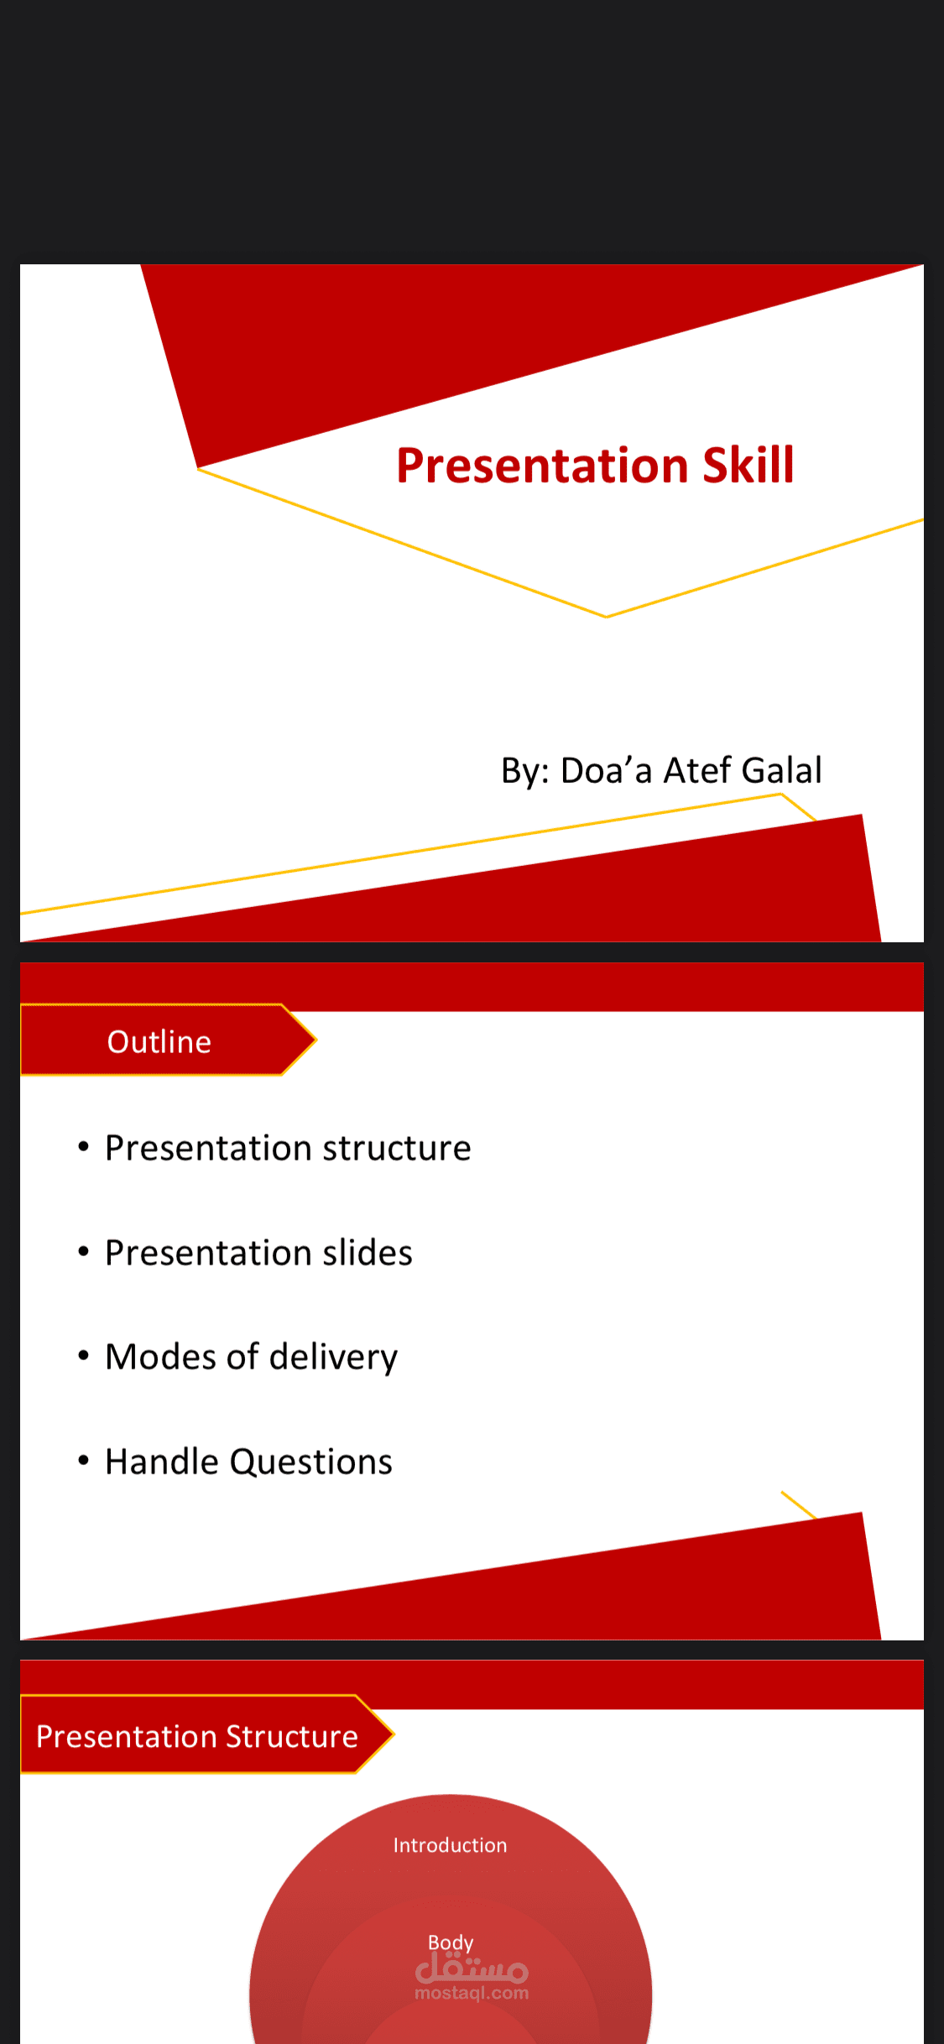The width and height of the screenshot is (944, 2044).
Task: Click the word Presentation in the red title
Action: pos(542,466)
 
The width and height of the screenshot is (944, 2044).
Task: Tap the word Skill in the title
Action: pos(748,466)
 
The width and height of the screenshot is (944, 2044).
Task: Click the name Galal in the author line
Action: pos(781,770)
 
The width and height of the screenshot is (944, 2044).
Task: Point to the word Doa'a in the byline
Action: pos(606,770)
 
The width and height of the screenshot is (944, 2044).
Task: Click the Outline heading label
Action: pos(159,1041)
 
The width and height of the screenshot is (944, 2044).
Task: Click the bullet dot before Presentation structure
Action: pos(83,1146)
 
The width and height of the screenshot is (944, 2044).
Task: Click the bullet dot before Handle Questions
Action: pos(83,1461)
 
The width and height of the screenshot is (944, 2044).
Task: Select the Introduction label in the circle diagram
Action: pos(450,1845)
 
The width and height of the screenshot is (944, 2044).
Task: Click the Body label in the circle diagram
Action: pos(451,1942)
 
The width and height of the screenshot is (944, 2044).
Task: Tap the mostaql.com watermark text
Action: pos(472,1993)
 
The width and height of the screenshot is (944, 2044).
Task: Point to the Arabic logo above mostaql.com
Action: pos(472,1968)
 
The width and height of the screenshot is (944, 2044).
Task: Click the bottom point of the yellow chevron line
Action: pos(606,617)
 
